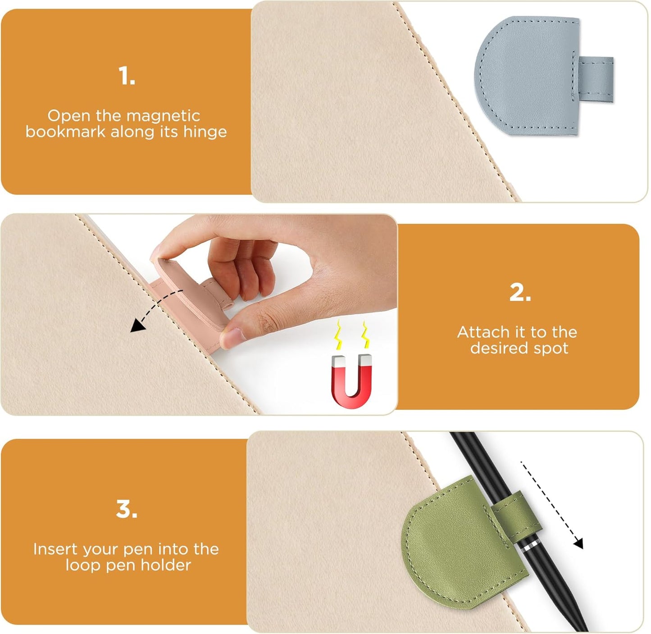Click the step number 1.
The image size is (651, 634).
point(127,76)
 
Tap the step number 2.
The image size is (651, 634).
point(520,293)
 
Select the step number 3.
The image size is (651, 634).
point(127,509)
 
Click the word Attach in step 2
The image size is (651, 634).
point(483,332)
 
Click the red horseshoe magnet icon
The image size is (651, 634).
point(352,381)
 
